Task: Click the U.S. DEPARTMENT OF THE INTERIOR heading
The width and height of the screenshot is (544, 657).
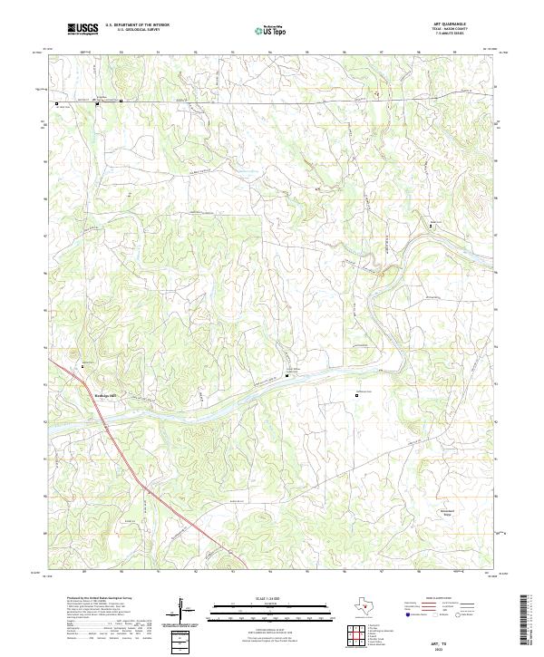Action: [x=137, y=25]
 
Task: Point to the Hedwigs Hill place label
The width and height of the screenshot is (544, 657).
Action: [x=107, y=394]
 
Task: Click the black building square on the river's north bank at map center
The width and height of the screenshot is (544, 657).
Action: [x=287, y=375]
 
